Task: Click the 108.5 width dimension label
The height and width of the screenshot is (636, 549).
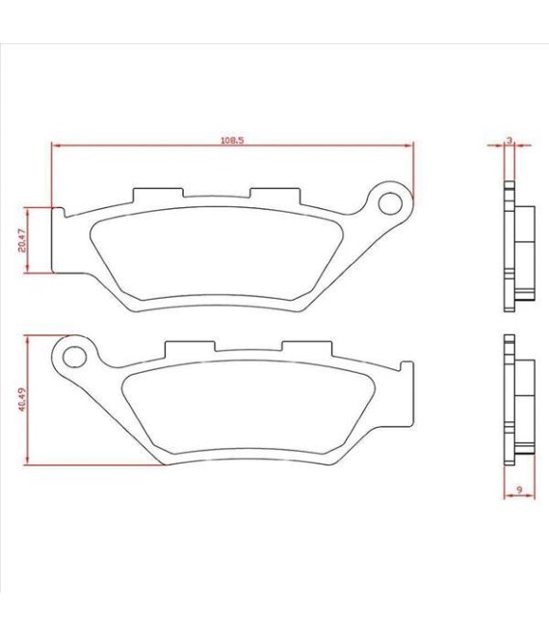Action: [232, 140]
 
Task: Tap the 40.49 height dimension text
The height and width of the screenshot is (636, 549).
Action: [21, 400]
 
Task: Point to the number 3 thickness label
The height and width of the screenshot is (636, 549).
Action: [508, 140]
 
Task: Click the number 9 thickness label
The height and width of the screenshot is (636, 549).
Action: [519, 490]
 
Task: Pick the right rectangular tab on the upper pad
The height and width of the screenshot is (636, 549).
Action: [276, 195]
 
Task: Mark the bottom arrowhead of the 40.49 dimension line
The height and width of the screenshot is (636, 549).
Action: [30, 460]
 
